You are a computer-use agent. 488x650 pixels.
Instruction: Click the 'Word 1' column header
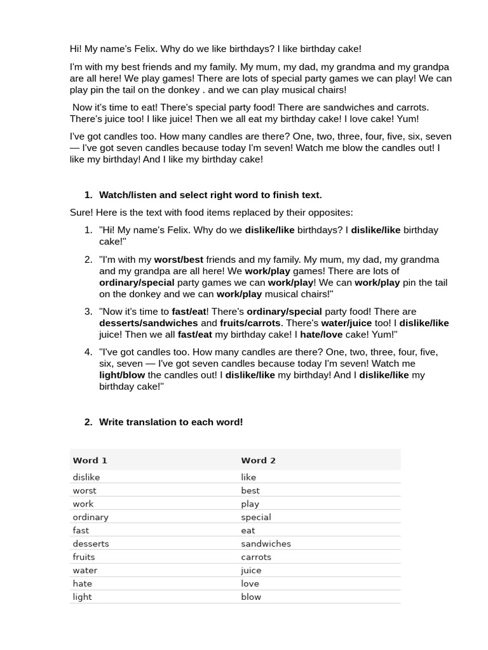tap(90, 460)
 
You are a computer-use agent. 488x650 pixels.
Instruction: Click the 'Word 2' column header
tap(258, 460)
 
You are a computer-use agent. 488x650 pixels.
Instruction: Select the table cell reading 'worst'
tap(85, 490)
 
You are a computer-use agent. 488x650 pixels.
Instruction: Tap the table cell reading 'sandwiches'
tap(266, 543)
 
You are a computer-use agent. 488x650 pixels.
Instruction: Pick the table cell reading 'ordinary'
tap(90, 517)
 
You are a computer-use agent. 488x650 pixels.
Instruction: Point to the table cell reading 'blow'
tap(251, 597)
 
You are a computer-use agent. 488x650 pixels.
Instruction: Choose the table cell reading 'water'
tap(85, 570)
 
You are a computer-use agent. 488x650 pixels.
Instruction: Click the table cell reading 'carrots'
tap(256, 557)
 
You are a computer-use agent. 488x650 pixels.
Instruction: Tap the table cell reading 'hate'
tap(82, 583)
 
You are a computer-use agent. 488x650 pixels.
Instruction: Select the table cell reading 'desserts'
tap(91, 543)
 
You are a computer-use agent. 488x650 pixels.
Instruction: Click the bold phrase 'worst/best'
tap(179, 260)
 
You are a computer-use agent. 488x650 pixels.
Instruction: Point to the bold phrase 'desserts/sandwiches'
tap(148, 323)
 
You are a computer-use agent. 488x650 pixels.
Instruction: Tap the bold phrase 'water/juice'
tap(346, 323)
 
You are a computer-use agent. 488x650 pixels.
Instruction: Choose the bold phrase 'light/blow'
tap(122, 375)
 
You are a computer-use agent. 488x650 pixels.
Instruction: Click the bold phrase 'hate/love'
tap(321, 335)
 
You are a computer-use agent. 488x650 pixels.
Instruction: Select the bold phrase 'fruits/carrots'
tap(250, 323)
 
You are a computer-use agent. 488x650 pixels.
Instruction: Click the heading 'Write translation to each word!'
tap(171, 422)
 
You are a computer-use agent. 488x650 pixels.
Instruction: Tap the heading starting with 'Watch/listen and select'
tap(210, 195)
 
